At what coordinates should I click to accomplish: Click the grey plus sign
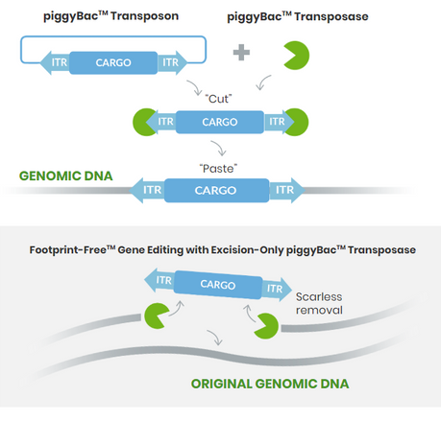point(241,53)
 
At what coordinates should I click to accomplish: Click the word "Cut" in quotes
point(218,99)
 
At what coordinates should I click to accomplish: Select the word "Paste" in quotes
point(218,169)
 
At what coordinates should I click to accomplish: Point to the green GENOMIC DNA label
point(66,175)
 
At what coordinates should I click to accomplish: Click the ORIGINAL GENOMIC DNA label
point(270,384)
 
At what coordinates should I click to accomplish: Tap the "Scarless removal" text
point(319,303)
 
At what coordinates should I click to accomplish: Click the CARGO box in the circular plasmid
point(113,62)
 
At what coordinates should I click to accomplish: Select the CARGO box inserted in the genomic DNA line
point(216,191)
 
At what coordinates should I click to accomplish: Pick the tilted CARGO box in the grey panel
point(218,285)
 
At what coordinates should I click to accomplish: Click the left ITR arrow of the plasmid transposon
point(55,62)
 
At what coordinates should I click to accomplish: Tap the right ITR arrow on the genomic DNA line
point(286,190)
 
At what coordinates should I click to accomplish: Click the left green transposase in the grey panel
point(156,316)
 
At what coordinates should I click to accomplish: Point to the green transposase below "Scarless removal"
point(267,326)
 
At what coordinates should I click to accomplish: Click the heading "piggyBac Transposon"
point(110,16)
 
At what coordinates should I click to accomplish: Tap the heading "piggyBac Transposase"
point(298,16)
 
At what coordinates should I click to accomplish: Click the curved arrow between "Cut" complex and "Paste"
point(219,148)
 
